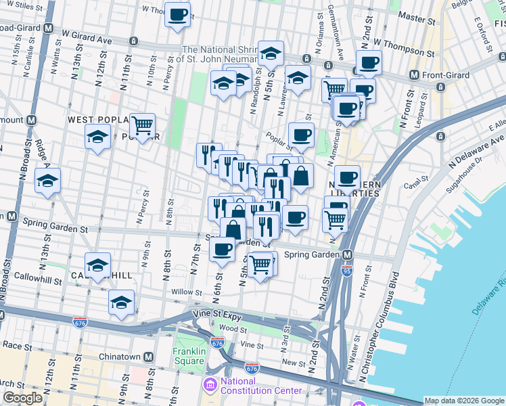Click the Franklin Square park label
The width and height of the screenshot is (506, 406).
(188, 356)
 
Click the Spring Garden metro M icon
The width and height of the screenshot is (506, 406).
(347, 255)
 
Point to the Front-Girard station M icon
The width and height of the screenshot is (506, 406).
(415, 74)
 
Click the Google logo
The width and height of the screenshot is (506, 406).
(22, 398)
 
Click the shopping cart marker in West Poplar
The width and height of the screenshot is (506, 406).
(142, 125)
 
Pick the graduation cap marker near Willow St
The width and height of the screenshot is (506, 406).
(121, 302)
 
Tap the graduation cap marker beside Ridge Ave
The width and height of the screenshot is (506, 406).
(48, 181)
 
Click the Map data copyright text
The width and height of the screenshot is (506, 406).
(464, 401)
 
